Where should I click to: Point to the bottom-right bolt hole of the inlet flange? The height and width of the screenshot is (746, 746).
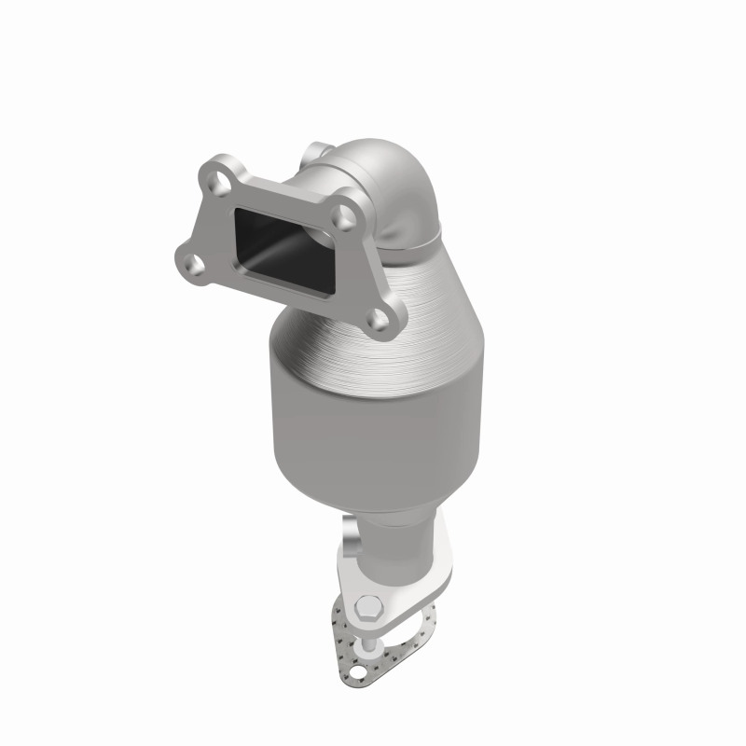coord(380,321)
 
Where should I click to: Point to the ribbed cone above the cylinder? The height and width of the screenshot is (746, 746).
coord(410,298)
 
